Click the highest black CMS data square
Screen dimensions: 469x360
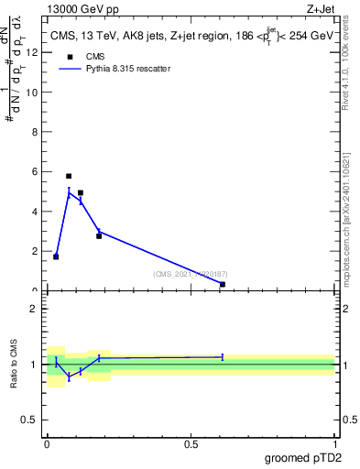point(69,176)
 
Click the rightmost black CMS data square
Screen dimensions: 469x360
point(223,284)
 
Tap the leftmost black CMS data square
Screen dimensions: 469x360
point(56,256)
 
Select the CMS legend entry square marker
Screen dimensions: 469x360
point(70,56)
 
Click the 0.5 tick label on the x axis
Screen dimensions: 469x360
point(191,444)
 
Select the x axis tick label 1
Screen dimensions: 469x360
point(334,444)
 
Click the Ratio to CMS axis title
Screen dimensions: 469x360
point(14,364)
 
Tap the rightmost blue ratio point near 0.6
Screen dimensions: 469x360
point(223,356)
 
